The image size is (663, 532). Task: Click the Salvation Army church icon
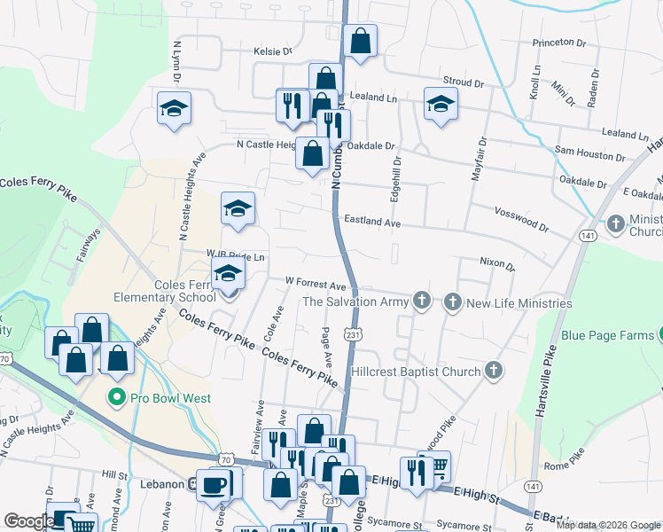(422, 302)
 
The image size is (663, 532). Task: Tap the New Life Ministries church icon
(452, 302)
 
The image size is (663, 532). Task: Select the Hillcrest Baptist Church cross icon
(493, 372)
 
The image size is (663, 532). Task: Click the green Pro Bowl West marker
(115, 397)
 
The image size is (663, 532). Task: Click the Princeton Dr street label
(559, 43)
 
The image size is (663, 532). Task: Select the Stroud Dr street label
(464, 83)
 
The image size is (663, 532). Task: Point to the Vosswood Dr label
(521, 214)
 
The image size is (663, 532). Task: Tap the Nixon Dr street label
(496, 262)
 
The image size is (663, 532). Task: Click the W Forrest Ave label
(315, 286)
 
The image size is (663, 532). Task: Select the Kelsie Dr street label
(273, 51)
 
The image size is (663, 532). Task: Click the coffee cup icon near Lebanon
(214, 484)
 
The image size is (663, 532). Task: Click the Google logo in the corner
(28, 521)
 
